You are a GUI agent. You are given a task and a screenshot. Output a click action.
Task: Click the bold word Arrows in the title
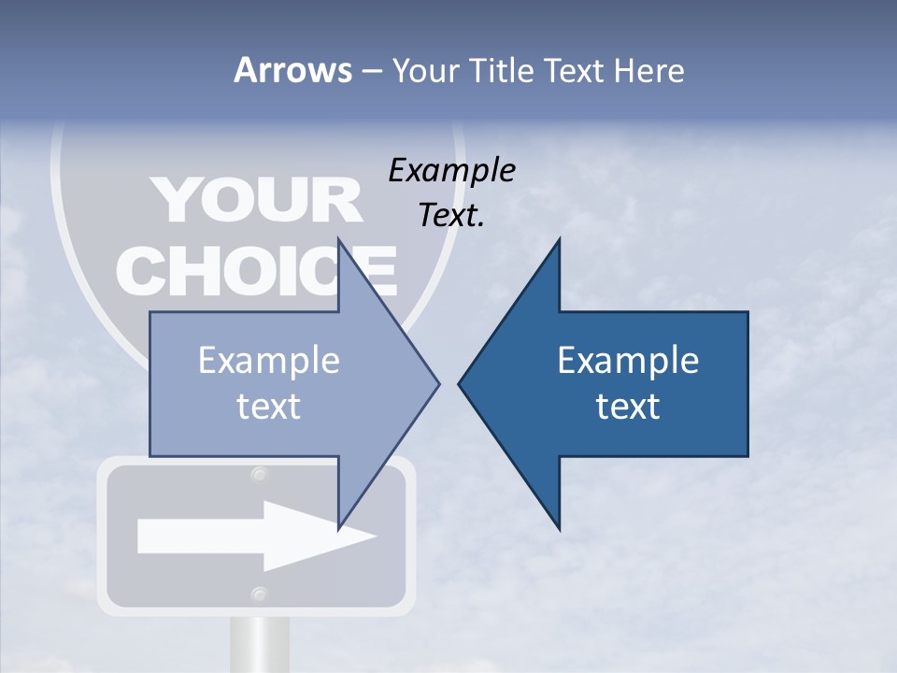click(x=292, y=70)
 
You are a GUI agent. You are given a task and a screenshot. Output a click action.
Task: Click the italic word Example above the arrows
click(x=451, y=171)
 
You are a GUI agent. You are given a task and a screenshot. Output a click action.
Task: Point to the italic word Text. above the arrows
click(x=451, y=216)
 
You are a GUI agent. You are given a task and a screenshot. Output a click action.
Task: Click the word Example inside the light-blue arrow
click(x=269, y=361)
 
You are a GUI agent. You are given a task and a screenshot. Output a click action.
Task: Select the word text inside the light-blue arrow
click(x=269, y=407)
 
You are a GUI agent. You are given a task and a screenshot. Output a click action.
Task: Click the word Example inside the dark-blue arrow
click(x=628, y=361)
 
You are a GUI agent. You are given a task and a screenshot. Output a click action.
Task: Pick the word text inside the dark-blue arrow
click(x=628, y=407)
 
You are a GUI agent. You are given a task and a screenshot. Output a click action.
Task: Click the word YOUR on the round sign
click(x=256, y=199)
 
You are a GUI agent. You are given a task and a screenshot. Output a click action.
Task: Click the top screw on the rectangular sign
click(x=259, y=475)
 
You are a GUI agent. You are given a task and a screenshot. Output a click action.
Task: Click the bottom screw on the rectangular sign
click(x=259, y=594)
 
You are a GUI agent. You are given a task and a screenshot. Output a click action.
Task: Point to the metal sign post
click(x=258, y=645)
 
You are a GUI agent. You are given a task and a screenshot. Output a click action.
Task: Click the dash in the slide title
click(x=370, y=71)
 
